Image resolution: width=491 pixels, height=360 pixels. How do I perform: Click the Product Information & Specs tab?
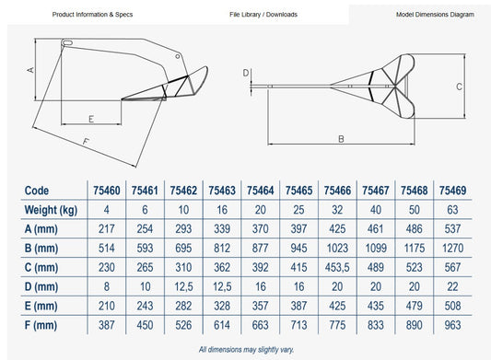point(92,15)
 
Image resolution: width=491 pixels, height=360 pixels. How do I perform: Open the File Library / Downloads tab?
point(263,15)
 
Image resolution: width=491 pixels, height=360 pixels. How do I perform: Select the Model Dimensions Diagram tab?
point(435,15)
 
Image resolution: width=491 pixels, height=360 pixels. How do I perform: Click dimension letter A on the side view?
point(30,69)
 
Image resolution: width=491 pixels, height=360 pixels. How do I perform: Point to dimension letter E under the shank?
point(91,119)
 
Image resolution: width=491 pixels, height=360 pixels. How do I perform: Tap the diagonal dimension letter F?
point(86,142)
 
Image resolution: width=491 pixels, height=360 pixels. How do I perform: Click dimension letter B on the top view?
point(342,139)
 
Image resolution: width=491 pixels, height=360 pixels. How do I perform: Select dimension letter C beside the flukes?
point(459,87)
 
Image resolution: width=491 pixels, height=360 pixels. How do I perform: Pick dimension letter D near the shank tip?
point(246,73)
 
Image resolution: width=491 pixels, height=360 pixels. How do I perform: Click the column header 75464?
point(260,191)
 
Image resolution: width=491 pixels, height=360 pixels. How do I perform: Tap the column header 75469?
point(452,191)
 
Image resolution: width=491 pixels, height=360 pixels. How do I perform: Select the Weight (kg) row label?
point(51,210)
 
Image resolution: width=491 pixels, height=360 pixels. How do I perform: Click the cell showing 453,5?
point(337,267)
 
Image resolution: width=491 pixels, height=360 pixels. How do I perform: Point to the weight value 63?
point(452,210)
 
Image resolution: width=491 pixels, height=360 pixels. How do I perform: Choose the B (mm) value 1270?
point(452,249)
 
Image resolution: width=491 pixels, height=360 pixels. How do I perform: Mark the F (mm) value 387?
point(107,325)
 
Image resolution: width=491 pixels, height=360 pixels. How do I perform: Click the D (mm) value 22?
point(452,286)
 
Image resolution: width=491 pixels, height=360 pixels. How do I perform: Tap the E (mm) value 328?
point(222,306)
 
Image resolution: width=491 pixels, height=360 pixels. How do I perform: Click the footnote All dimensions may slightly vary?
point(247,349)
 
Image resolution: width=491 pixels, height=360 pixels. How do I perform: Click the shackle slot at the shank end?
point(67,42)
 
